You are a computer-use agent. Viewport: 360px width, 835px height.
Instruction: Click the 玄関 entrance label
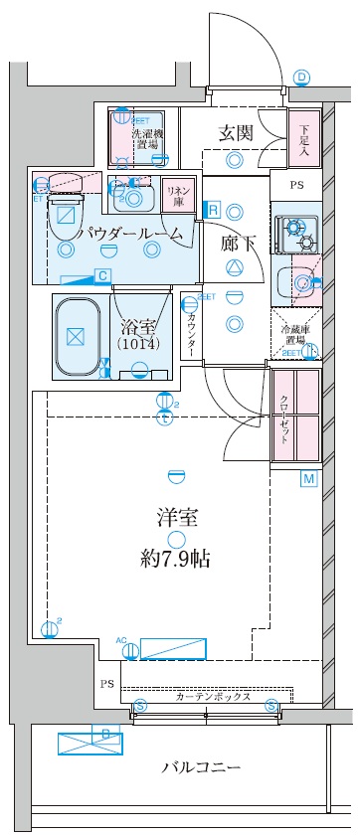(235, 132)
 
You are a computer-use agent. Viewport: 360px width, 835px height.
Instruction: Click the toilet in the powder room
(67, 204)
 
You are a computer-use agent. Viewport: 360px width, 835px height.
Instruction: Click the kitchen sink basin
(296, 281)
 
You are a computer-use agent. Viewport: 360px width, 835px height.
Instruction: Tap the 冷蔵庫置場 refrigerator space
(295, 334)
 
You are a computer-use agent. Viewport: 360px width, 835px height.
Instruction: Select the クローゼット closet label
(283, 417)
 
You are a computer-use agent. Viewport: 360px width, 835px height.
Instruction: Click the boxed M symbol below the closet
(309, 480)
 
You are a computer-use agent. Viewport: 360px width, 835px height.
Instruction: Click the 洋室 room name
(175, 519)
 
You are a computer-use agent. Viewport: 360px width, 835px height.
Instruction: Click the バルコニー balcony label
(202, 768)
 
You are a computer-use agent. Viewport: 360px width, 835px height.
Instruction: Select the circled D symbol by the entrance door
(302, 78)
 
